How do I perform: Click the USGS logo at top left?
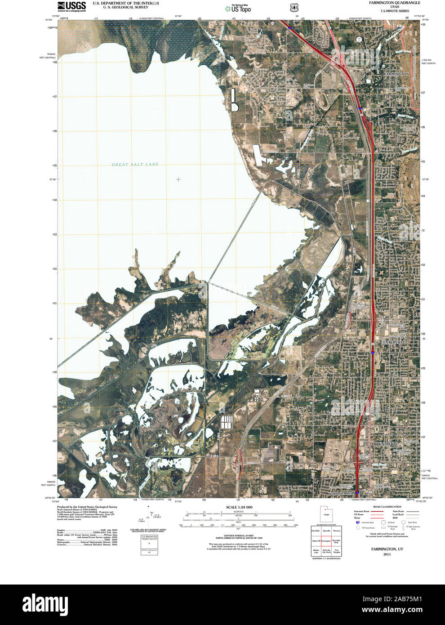[x=71, y=6]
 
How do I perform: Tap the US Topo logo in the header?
[x=238, y=8]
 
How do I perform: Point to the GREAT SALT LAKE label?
[x=135, y=165]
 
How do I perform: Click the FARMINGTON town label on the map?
[x=396, y=73]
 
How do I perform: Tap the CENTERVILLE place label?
[x=393, y=342]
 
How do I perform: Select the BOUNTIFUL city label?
[x=384, y=444]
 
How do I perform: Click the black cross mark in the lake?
[x=178, y=179]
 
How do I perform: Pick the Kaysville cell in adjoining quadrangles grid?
[x=326, y=531]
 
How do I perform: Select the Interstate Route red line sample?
[x=377, y=512]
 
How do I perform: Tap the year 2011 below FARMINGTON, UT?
[x=387, y=554]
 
